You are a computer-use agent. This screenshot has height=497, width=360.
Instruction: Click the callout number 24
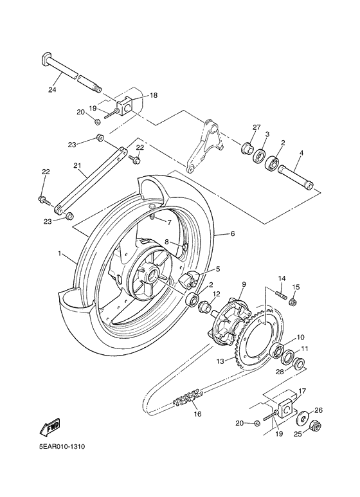pyautogui.click(x=53, y=89)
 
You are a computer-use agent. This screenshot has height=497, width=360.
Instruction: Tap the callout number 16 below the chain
pyautogui.click(x=197, y=414)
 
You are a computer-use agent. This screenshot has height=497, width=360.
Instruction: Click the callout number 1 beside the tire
pyautogui.click(x=60, y=254)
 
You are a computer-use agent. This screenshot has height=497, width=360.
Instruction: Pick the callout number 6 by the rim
pyautogui.click(x=233, y=234)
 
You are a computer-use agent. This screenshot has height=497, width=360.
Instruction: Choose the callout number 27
pyautogui.click(x=256, y=127)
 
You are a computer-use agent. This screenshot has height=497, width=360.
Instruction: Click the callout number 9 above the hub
pyautogui.click(x=244, y=284)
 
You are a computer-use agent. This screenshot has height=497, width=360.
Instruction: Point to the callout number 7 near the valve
pyautogui.click(x=168, y=222)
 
